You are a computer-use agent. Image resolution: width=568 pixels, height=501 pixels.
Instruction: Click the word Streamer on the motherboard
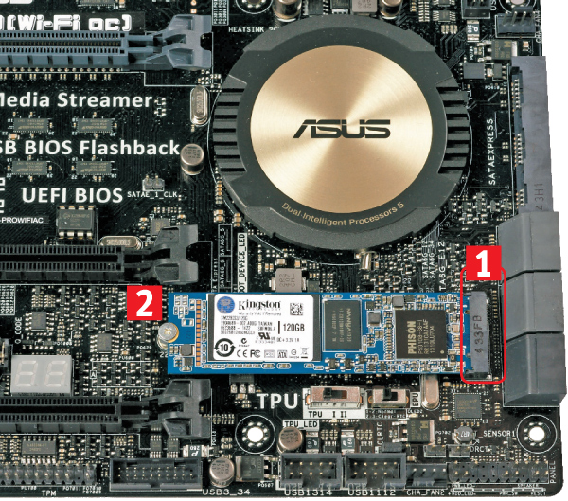[x=103, y=99]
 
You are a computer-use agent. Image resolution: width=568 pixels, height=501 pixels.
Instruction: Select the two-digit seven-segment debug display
[x=41, y=374]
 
